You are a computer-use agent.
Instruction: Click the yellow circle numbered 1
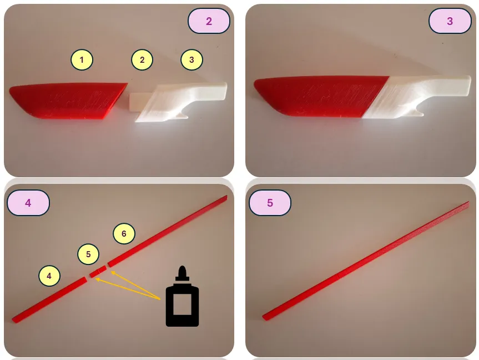pos(82,59)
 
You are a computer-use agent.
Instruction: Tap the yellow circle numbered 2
pos(142,59)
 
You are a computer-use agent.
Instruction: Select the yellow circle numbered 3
pos(191,59)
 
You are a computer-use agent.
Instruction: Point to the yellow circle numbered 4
pos(49,276)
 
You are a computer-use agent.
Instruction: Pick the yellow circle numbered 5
pos(88,254)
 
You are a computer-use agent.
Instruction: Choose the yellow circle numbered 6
pos(124,234)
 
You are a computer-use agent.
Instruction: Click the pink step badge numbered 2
pos(209,21)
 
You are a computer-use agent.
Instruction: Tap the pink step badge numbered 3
pos(450,21)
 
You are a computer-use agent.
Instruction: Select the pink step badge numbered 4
pos(28,203)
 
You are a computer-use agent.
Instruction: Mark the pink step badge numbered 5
pos(270,203)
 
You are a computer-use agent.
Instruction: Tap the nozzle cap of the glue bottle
pos(183,273)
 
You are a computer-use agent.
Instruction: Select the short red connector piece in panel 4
pos(98,272)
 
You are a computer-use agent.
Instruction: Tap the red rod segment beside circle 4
pos(49,300)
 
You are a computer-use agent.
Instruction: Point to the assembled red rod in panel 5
pos(366,261)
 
